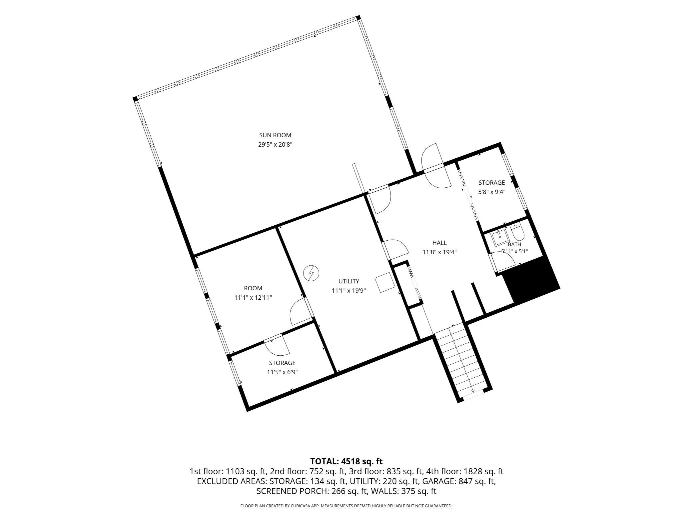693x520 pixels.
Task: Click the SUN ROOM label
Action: coord(275,135)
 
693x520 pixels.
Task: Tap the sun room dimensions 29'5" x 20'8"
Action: coord(275,145)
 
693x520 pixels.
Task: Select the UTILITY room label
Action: coord(349,281)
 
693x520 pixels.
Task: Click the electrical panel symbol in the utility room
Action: coord(311,273)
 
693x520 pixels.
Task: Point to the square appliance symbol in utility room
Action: coord(385,282)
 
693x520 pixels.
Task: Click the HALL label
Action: coord(439,243)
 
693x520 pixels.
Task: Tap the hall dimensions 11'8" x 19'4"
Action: coord(439,252)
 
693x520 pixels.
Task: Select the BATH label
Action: coord(514,244)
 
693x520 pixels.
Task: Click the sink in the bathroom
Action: coord(500,237)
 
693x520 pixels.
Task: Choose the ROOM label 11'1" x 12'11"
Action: coord(253,288)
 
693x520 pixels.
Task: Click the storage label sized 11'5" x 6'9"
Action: coord(282,363)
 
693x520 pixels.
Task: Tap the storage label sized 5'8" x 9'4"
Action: coord(492,183)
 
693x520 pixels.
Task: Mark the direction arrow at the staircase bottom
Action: coord(473,390)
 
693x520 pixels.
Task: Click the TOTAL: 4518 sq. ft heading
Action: coord(346,461)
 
